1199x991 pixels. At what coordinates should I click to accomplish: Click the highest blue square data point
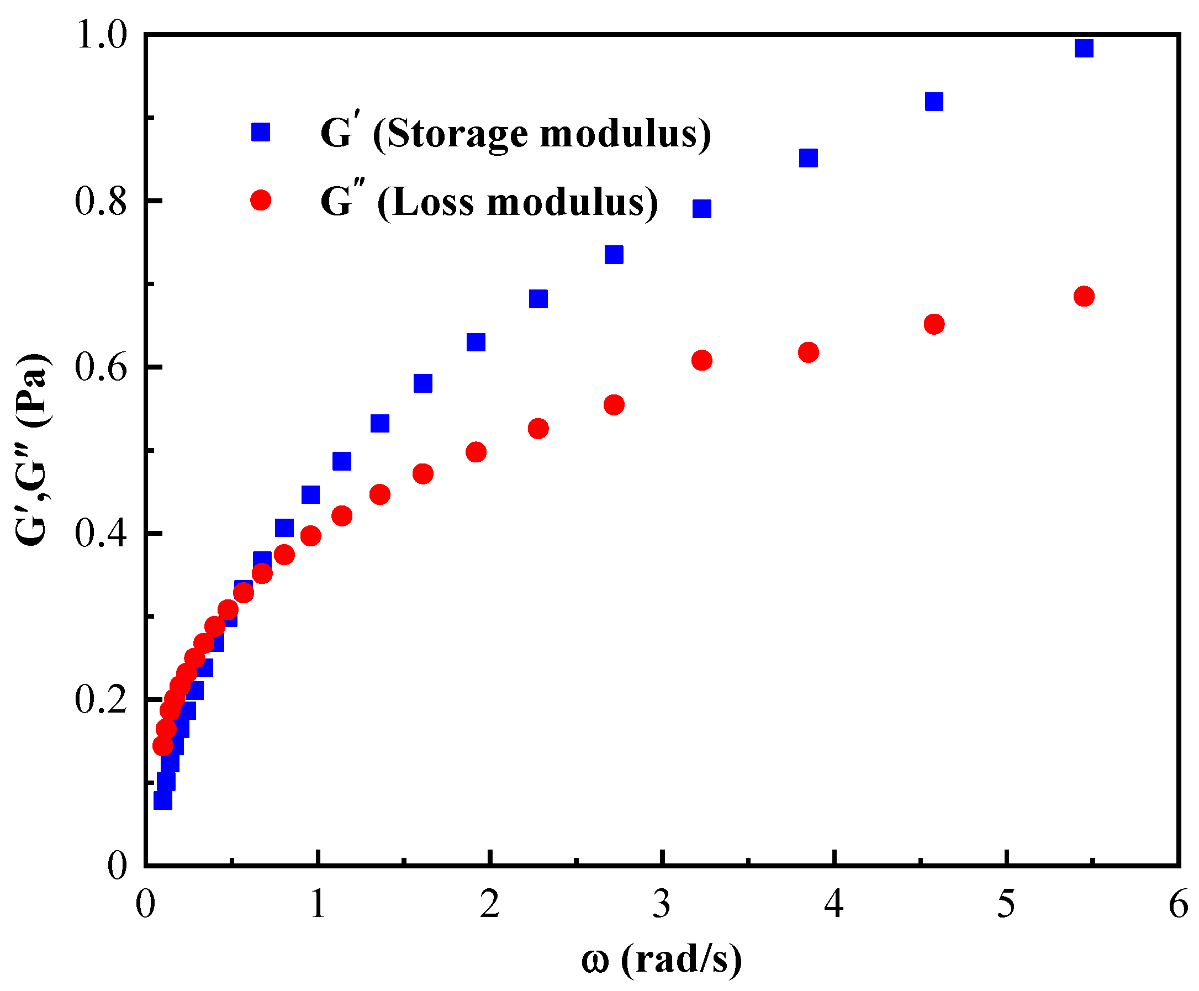(x=1082, y=48)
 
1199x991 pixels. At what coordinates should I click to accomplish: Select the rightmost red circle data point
(x=1082, y=296)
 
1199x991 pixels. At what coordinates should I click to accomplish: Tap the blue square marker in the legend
(x=261, y=132)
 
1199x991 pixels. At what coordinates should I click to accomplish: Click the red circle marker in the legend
(x=261, y=200)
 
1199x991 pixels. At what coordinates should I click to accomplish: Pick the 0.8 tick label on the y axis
(x=101, y=201)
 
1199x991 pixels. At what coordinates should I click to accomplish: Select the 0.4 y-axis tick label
(x=101, y=534)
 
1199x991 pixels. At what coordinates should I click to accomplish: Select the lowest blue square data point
(x=162, y=800)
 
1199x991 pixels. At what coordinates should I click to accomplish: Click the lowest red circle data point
(x=162, y=746)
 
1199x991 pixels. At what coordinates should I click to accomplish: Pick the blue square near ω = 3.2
(x=701, y=208)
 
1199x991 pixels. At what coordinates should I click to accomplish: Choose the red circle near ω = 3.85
(x=808, y=352)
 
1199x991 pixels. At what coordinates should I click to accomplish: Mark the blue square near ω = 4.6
(x=934, y=102)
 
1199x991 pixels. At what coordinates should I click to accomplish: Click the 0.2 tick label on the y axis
(x=101, y=700)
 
